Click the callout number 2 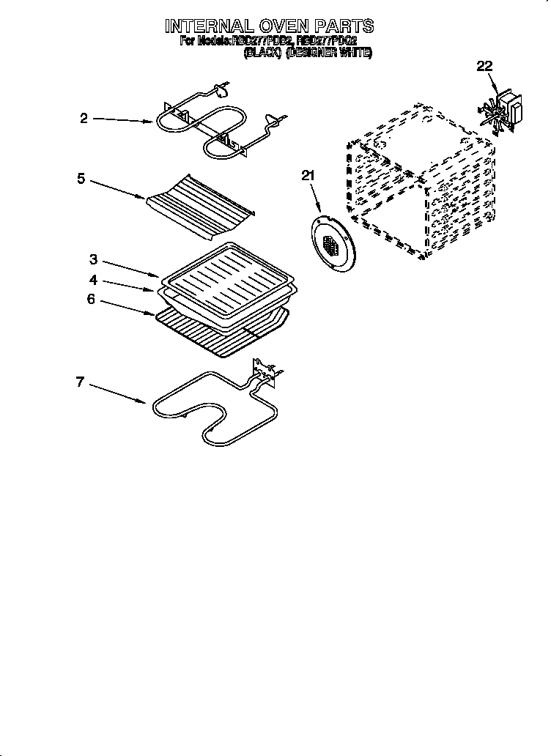pos(84,119)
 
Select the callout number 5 pos(81,177)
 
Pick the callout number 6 pos(91,299)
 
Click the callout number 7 pos(81,381)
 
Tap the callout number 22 pos(484,67)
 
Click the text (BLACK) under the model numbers pos(262,53)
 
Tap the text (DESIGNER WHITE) pos(329,53)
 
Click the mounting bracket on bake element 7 pos(265,371)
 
